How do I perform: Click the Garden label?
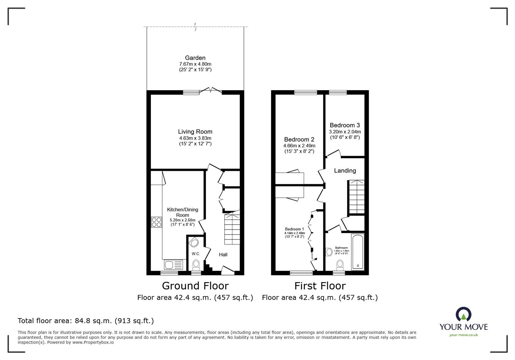[x=195, y=58]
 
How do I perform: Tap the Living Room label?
[x=195, y=132]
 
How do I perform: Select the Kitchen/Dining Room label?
[x=182, y=212]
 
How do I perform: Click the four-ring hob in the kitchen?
[x=156, y=222]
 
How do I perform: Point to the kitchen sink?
[x=173, y=265]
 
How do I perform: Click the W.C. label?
[x=196, y=254]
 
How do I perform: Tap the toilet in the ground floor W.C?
[x=196, y=265]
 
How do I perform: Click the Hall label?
[x=223, y=254]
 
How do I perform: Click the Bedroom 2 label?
[x=299, y=139]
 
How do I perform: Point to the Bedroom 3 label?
[x=345, y=125]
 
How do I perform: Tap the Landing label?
[x=345, y=171]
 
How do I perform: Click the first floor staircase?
[x=357, y=197]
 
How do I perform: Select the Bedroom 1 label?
[x=295, y=229]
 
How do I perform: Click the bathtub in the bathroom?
[x=358, y=252]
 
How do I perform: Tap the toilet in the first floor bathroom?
[x=340, y=265]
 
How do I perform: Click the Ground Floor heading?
[x=195, y=286]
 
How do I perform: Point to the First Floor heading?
[x=320, y=286]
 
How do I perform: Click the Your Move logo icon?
[x=464, y=314]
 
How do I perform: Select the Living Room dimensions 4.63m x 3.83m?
[x=195, y=138]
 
